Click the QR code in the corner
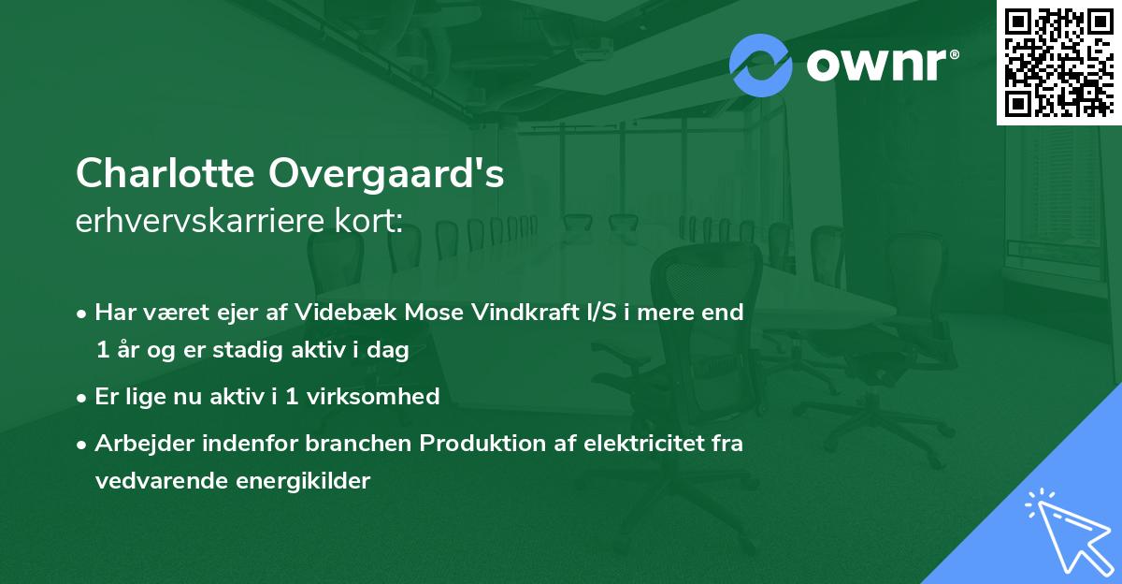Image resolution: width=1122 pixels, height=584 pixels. pos(1058,62)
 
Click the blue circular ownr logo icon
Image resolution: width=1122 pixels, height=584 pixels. pos(761,65)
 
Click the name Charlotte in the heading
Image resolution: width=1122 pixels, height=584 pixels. pos(165,174)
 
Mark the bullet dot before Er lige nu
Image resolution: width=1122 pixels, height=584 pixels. pos(82,397)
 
